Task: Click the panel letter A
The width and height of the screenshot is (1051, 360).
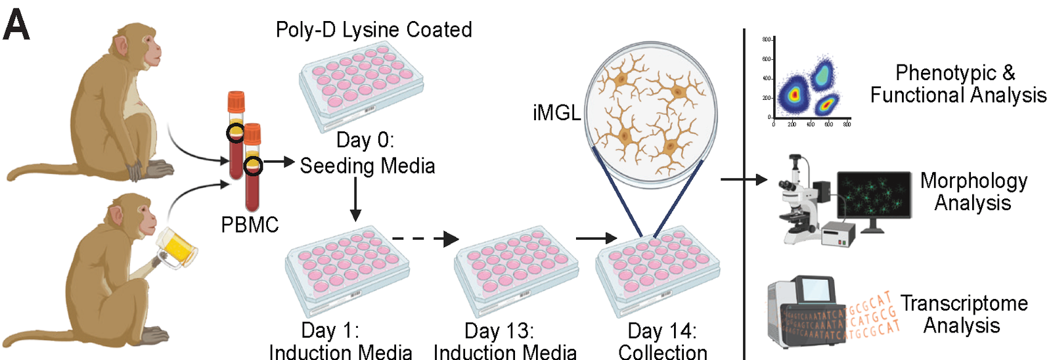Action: [x=16, y=26]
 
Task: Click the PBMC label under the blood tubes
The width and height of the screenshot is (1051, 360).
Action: [x=250, y=225]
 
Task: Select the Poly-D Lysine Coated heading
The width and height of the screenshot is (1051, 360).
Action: [x=374, y=30]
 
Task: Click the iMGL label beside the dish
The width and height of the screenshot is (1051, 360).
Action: [x=556, y=113]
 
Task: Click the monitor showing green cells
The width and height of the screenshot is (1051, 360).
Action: [x=874, y=197]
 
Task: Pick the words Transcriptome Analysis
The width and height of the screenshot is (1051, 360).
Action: [x=964, y=314]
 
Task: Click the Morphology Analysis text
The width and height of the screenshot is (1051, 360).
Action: [x=973, y=191]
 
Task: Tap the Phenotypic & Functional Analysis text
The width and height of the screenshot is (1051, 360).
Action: [x=958, y=83]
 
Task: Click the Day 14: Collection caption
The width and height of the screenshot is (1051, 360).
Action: [x=663, y=341]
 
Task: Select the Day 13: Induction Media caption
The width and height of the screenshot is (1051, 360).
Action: [x=504, y=341]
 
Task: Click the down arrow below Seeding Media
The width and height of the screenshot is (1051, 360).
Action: [x=355, y=200]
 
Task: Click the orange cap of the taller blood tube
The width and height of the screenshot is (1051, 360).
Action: [x=236, y=102]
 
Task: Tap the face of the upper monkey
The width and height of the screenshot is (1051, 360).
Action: [x=145, y=49]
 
